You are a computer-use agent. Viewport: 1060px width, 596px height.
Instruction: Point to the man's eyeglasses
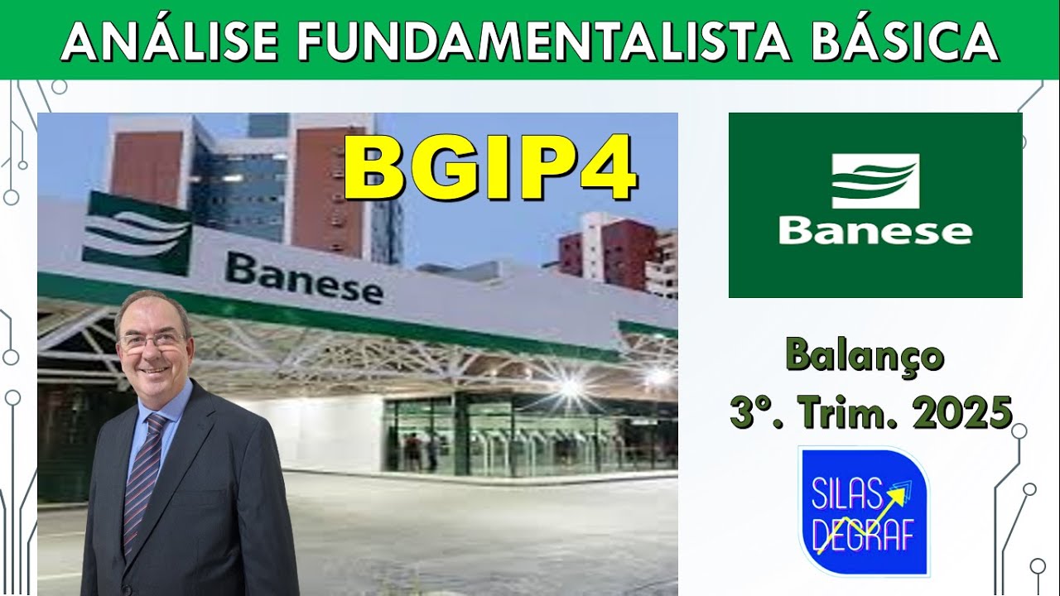152,339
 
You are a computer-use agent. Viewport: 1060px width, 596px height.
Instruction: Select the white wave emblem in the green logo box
875,180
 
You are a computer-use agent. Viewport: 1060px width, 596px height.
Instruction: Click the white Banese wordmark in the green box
875,231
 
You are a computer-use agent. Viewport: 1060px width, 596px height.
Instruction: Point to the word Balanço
865,357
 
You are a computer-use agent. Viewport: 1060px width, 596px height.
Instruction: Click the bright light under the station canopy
571,385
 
